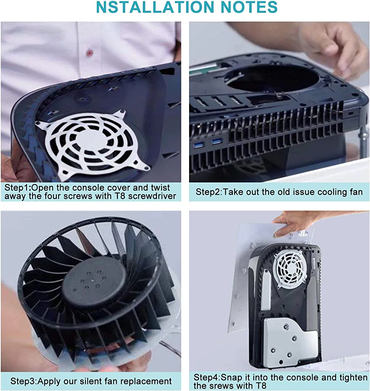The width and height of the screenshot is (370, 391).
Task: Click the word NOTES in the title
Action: [x=249, y=7]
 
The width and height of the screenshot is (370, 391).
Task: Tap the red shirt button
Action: [x=90, y=53]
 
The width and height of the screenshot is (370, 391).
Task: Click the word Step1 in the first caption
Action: [x=16, y=188]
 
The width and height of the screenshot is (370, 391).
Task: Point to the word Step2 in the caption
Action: [x=208, y=192]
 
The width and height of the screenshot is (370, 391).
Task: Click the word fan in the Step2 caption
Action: [x=356, y=192]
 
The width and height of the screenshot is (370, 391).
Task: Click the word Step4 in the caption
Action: [x=206, y=377]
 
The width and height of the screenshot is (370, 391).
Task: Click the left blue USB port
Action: [x=199, y=145]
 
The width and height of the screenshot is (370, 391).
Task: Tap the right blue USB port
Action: [x=218, y=142]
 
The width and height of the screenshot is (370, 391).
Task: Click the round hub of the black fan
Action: [x=94, y=282]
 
